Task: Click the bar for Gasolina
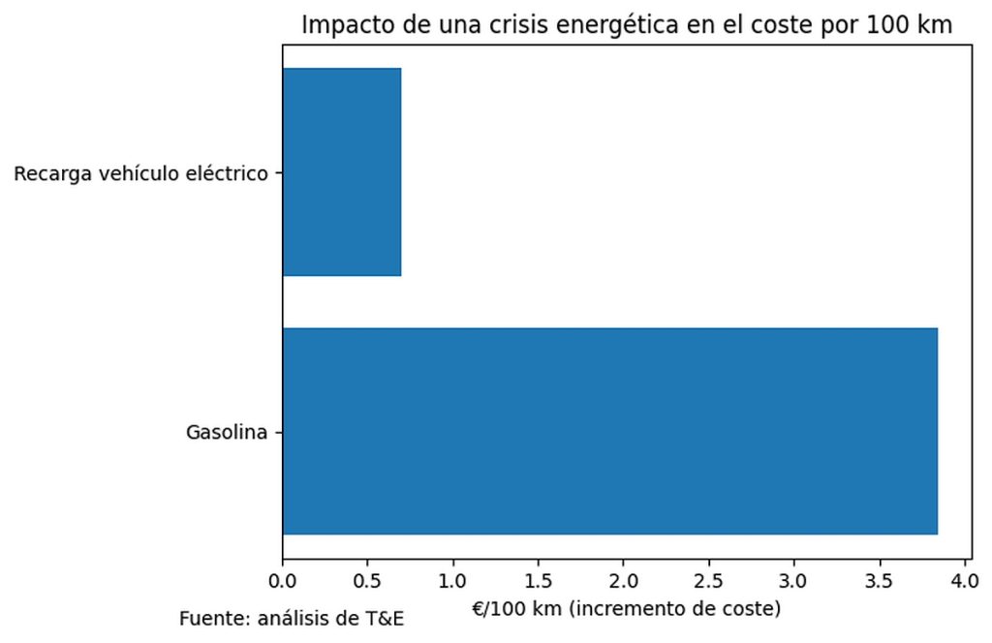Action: click(x=609, y=431)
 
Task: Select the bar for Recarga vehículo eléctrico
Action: click(x=341, y=172)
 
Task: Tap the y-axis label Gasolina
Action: click(x=226, y=432)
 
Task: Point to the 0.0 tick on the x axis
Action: click(x=283, y=583)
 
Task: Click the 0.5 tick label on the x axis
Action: click(x=368, y=583)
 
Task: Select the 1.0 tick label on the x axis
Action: click(x=453, y=583)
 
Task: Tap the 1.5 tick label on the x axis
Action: click(x=539, y=583)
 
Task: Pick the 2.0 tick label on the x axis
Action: click(x=624, y=583)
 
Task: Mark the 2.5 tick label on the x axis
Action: click(x=709, y=583)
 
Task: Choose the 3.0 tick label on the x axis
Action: click(x=794, y=583)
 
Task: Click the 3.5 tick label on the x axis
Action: click(x=880, y=583)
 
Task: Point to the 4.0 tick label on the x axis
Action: click(x=965, y=583)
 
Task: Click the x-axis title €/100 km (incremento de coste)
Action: click(x=625, y=610)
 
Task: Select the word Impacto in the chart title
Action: click(x=339, y=26)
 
